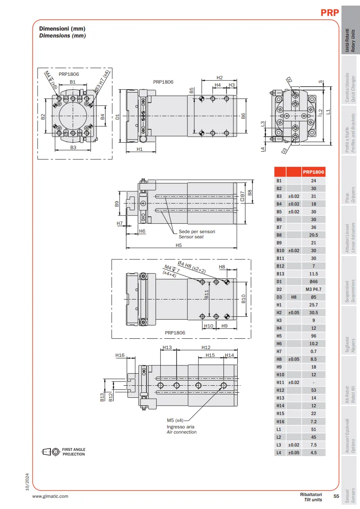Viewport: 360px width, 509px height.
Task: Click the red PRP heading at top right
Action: [x=329, y=12]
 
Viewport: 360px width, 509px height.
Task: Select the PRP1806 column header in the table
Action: [x=313, y=172]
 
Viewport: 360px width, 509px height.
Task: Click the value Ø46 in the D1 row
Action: [x=313, y=281]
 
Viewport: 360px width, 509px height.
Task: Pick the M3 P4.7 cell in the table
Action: [x=313, y=289]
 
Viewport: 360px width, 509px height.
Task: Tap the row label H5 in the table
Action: [x=279, y=336]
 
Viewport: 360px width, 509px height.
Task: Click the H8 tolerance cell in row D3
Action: [x=294, y=297]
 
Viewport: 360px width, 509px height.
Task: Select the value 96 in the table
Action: [x=313, y=336]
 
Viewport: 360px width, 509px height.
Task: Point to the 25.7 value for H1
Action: [x=313, y=305]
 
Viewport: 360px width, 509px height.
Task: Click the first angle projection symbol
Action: [x=51, y=452]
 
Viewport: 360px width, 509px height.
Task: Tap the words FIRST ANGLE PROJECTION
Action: [x=74, y=452]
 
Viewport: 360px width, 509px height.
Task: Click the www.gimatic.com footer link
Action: [x=50, y=496]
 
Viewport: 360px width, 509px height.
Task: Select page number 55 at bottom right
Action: [x=336, y=496]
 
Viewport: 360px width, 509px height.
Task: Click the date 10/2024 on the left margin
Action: [x=27, y=482]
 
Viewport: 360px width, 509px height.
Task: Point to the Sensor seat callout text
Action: [x=191, y=237]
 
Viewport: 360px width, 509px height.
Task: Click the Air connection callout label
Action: [x=182, y=432]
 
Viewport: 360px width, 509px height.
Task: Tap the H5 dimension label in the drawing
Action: [x=179, y=245]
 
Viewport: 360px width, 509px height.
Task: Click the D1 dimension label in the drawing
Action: [x=118, y=116]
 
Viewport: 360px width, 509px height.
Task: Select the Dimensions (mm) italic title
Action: [x=62, y=36]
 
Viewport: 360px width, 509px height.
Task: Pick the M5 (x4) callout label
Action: [x=175, y=420]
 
